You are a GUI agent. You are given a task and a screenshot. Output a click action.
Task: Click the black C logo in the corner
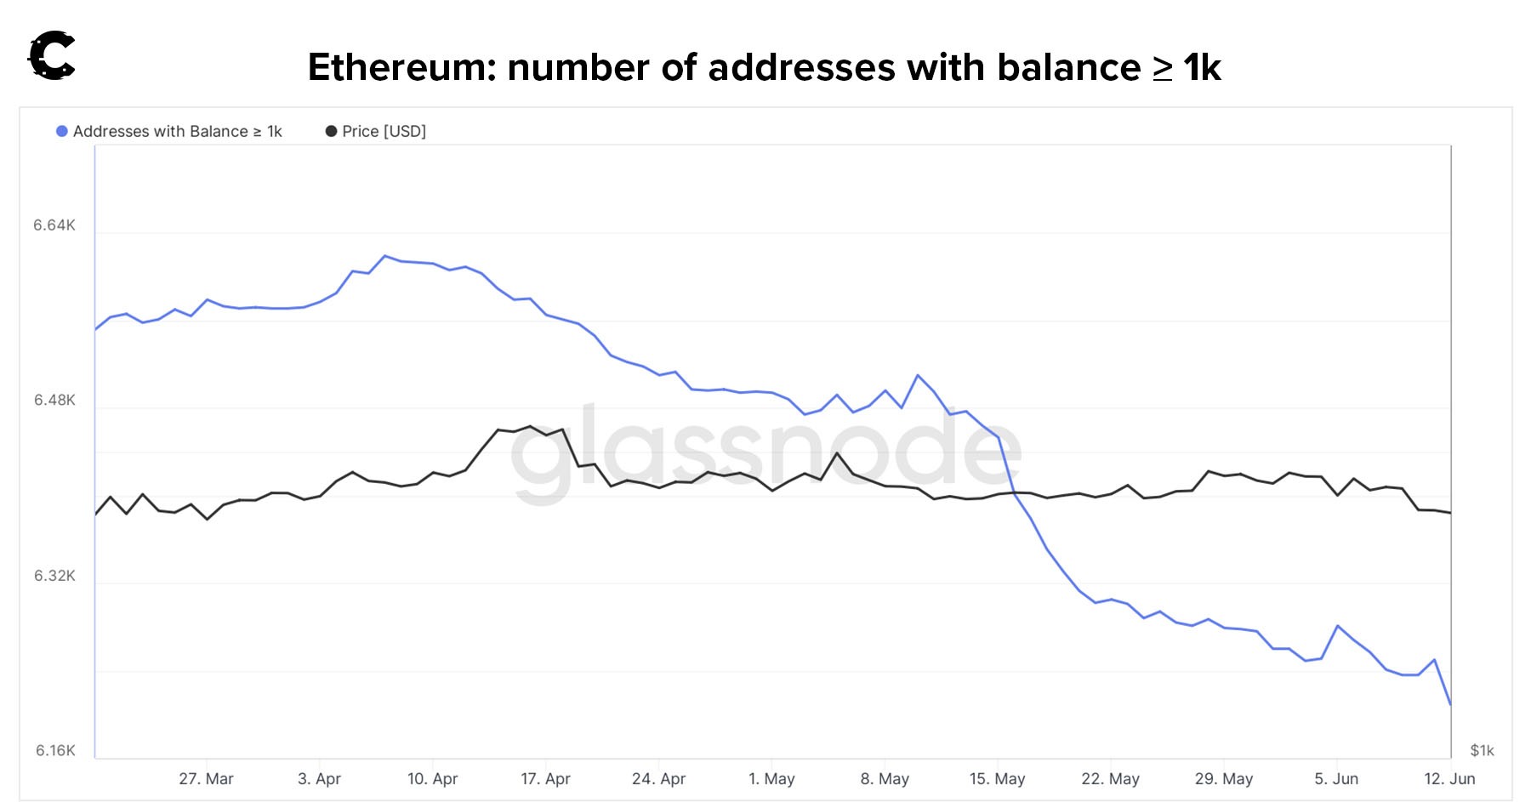pos(52,56)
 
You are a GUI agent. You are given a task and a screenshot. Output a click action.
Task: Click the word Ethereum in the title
pos(401,67)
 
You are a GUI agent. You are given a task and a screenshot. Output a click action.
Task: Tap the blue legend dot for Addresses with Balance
pos(62,131)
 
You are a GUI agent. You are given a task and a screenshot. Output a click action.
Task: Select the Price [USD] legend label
pos(384,131)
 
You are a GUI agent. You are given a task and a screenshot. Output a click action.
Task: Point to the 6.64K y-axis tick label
pos(54,225)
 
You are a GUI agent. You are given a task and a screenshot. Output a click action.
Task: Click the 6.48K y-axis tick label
pos(54,401)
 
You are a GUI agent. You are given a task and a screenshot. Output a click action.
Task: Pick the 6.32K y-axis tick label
pos(54,576)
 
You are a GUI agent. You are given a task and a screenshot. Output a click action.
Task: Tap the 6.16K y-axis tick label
pos(55,751)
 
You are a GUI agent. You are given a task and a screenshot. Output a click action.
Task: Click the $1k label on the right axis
pos(1482,751)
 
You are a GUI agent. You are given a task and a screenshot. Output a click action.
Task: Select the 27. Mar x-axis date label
pos(206,779)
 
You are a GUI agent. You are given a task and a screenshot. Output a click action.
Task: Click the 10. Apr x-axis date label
pos(432,779)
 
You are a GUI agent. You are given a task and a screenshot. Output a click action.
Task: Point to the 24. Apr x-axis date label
pos(658,779)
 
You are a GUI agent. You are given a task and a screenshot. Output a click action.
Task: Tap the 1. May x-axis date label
pos(771,779)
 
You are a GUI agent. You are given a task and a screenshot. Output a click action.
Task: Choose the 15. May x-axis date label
pos(997,779)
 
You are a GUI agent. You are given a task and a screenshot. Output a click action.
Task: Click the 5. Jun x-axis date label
pos(1336,779)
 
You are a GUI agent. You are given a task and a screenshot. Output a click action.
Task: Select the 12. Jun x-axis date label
pos(1449,779)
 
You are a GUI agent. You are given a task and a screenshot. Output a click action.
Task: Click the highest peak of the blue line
pos(385,255)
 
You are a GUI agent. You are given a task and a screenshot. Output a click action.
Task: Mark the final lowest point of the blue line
pos(1450,705)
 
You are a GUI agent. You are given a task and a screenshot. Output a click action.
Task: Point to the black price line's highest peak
pos(530,426)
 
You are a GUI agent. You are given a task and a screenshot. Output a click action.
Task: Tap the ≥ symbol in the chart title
pos(1162,68)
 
